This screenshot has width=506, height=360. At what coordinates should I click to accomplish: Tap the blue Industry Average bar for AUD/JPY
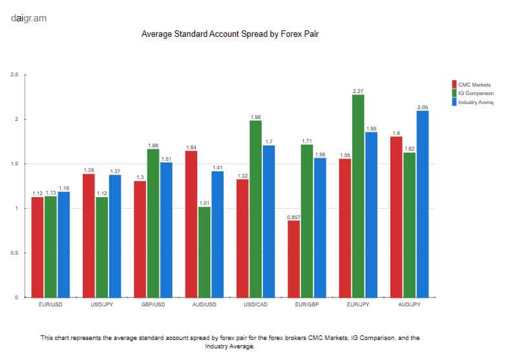tap(422, 204)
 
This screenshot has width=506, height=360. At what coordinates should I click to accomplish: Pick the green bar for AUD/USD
tap(205, 252)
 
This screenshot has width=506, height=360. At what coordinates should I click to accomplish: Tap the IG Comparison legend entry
tap(476, 94)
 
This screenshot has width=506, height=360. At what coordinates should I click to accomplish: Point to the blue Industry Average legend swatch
tap(454, 102)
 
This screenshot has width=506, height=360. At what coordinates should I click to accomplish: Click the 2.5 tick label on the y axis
tap(14, 75)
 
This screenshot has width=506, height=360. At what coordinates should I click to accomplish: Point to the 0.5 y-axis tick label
tap(14, 253)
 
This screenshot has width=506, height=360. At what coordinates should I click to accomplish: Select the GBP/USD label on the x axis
tap(153, 304)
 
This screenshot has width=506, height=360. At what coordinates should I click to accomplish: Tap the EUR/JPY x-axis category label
tap(358, 304)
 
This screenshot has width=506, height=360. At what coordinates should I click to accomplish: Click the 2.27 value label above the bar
tap(358, 90)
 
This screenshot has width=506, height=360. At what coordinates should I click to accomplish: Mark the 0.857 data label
tap(294, 217)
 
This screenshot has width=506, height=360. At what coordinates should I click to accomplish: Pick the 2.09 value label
tap(422, 107)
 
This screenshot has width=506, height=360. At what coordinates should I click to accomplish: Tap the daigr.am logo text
tap(28, 18)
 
